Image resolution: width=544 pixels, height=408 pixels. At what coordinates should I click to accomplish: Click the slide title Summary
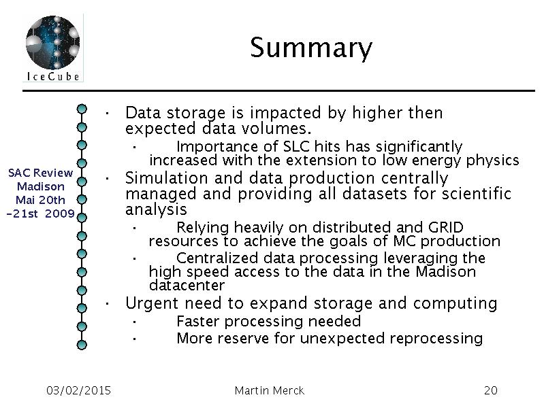pyautogui.click(x=311, y=48)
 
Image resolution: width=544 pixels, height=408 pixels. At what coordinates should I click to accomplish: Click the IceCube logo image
pyautogui.click(x=52, y=48)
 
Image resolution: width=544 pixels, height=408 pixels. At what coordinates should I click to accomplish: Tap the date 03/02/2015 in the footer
pyautogui.click(x=78, y=390)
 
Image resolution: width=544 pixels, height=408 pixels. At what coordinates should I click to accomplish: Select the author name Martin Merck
pyautogui.click(x=269, y=390)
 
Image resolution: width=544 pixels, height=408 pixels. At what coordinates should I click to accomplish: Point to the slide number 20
pyautogui.click(x=491, y=390)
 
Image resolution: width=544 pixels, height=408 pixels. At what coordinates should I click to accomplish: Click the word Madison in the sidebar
pyautogui.click(x=41, y=186)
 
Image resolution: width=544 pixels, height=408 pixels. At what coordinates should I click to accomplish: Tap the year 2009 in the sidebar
pyautogui.click(x=60, y=214)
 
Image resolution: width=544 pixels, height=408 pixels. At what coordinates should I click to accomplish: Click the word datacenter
pyautogui.click(x=187, y=286)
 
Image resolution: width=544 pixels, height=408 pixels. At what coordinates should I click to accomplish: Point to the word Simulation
pyautogui.click(x=167, y=178)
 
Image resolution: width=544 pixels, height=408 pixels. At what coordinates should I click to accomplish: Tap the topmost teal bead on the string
pyautogui.click(x=82, y=109)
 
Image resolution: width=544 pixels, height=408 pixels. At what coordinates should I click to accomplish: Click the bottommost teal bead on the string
pyautogui.click(x=82, y=345)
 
